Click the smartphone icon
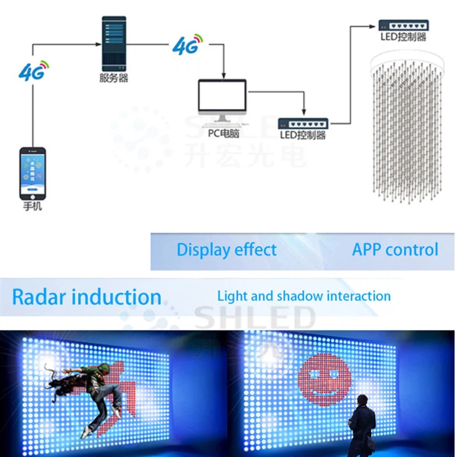33,172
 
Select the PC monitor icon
222,100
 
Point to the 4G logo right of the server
187,44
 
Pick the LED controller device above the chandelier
403,24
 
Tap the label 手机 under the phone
32,205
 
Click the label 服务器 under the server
113,78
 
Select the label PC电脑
223,133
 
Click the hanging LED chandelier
406,125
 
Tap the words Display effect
226,250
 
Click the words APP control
394,249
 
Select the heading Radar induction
86,296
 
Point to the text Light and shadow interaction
304,296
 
